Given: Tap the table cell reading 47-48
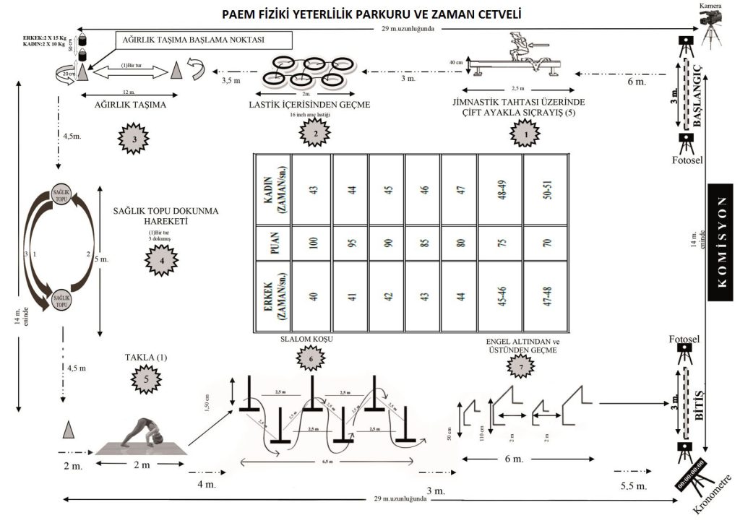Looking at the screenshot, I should coord(546,297).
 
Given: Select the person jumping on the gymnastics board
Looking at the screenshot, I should coord(519,53).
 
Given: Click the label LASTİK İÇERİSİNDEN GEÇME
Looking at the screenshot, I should coord(309,105).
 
